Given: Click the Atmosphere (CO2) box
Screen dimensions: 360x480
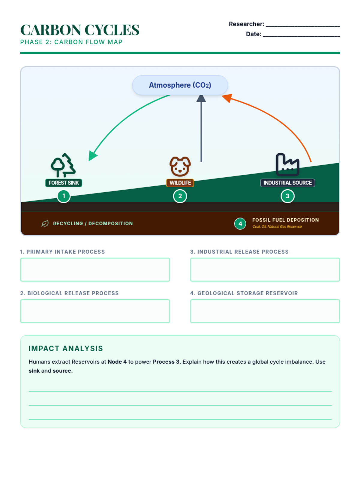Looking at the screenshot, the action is coord(180,85).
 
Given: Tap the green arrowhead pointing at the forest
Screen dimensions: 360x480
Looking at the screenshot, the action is coord(92,156).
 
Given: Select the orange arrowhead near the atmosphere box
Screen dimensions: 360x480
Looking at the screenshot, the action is coord(227,98).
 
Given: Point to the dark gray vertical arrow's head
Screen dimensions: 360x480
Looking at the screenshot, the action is coord(201,99).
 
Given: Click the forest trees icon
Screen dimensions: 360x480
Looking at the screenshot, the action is coord(63,165).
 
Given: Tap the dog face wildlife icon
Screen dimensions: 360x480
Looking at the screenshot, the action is coord(180,166).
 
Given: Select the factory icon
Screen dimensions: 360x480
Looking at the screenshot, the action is coord(287,165).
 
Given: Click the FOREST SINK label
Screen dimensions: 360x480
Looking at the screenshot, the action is coord(64,183).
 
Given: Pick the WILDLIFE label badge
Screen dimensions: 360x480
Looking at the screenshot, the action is coord(180,183).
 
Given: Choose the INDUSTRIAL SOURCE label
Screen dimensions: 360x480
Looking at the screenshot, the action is coord(287,183).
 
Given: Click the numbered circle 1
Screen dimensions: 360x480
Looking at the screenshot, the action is coord(64,196).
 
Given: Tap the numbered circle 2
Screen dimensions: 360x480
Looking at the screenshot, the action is coord(180,196).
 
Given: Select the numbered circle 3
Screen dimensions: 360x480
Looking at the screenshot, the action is coord(287,196).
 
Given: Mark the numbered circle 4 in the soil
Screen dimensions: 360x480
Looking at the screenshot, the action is coord(240,224).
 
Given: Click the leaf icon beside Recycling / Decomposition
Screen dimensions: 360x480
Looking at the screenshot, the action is coord(45,223).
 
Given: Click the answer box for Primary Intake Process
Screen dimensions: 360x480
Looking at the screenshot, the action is coord(95,270).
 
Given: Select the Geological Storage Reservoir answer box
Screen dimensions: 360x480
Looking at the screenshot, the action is coord(265,311).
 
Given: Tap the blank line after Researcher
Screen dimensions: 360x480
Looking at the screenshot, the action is coord(303,26).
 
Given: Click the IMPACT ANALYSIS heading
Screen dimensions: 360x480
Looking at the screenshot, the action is coord(66,349).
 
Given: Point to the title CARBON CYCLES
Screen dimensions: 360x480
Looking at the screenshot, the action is coord(80,30).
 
